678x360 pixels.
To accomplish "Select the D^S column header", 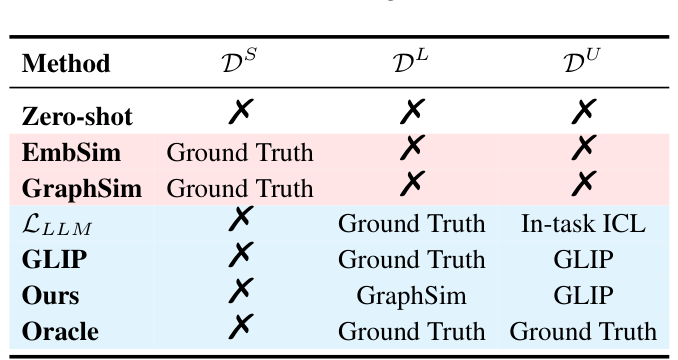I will click(x=239, y=63).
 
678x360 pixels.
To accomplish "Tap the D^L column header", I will click(x=411, y=63).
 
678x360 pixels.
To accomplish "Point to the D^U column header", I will click(x=583, y=63).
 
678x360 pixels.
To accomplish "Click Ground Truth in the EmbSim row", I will click(x=239, y=152).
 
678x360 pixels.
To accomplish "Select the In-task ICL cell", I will click(x=583, y=223).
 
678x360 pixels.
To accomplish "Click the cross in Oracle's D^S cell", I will click(x=239, y=328).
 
